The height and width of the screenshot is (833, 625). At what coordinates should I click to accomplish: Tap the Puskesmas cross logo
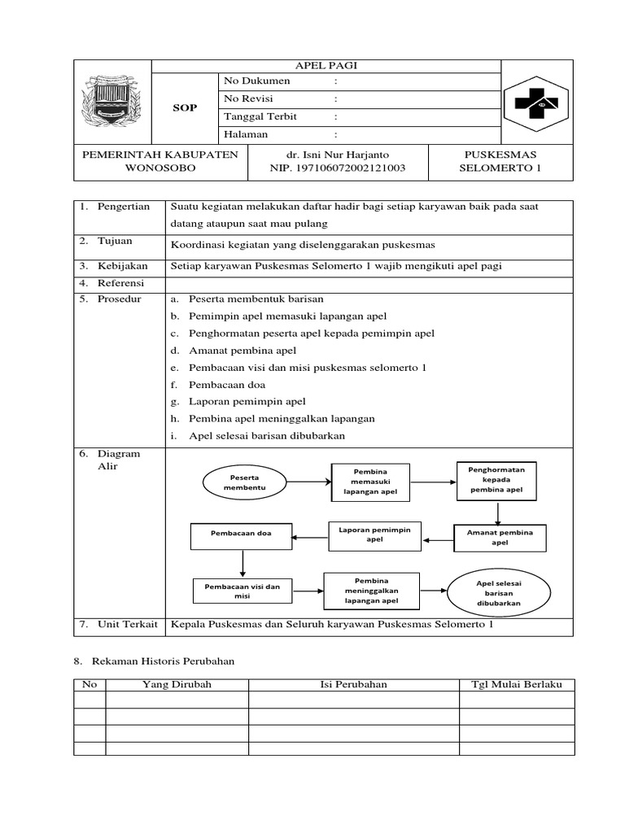(537, 103)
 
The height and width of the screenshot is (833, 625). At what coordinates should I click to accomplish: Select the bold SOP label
(185, 107)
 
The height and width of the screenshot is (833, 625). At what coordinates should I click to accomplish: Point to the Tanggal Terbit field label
(260, 116)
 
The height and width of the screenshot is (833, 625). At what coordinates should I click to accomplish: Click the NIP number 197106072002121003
(337, 168)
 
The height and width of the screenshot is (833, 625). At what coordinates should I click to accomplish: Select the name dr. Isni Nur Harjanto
(337, 154)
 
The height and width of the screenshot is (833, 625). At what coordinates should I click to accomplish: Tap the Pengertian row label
(124, 207)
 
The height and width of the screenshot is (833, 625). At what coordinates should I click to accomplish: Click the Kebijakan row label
(123, 265)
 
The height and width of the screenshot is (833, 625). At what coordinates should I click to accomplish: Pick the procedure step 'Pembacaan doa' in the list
(227, 385)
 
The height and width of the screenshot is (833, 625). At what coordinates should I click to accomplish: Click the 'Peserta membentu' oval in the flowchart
(244, 482)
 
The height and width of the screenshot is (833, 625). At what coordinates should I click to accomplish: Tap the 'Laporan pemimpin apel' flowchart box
(374, 534)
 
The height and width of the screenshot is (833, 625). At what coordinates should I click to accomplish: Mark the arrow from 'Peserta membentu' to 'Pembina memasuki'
(310, 482)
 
